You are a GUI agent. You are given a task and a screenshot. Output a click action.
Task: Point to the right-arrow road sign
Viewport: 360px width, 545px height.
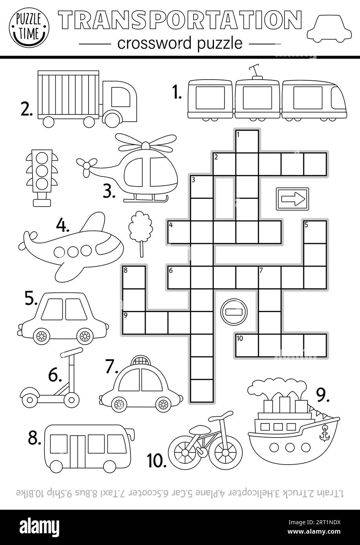point(292,199)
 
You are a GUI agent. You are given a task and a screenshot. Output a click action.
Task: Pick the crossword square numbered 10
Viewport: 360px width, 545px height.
point(247,345)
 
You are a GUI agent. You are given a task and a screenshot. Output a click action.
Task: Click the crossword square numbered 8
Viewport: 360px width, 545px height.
point(134,277)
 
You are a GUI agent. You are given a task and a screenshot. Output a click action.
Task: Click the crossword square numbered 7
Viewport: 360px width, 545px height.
point(270,277)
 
